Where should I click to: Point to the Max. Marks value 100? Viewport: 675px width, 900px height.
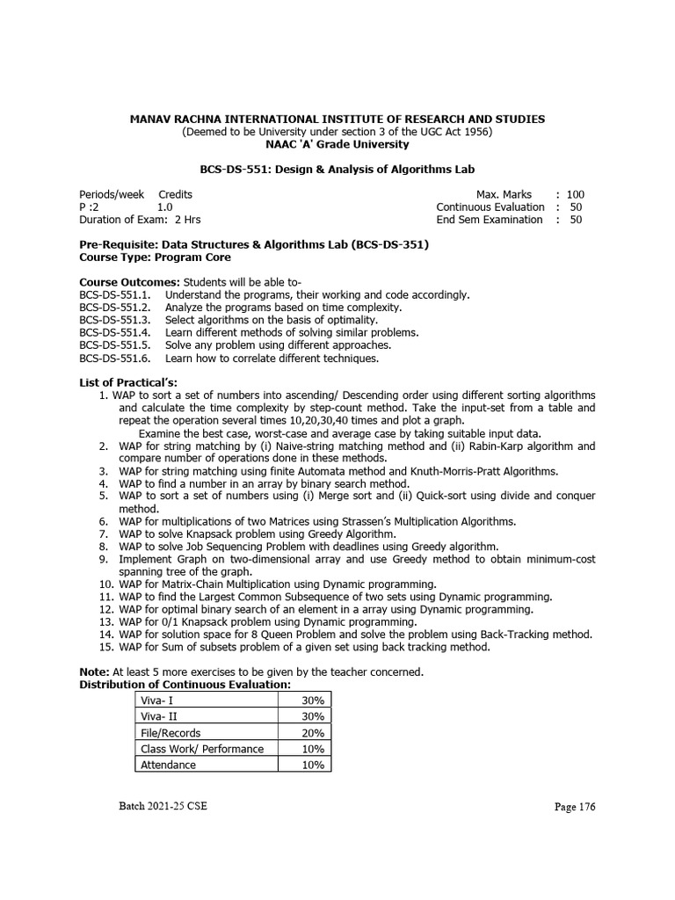point(576,194)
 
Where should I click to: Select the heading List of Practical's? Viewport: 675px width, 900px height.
point(128,382)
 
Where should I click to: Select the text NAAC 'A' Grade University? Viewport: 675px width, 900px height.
point(337,144)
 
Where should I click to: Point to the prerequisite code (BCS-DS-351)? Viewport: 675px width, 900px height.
point(390,245)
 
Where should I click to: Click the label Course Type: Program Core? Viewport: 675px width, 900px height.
point(155,258)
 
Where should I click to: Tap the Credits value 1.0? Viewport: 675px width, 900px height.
point(178,207)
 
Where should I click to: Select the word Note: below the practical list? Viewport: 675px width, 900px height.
point(94,672)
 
